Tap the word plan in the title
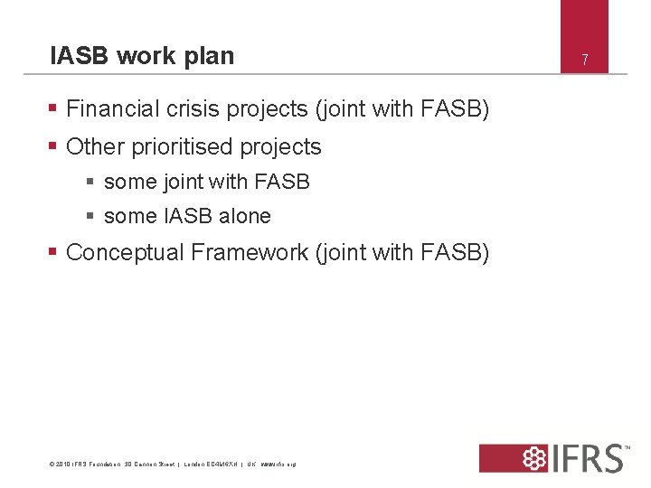click(x=207, y=57)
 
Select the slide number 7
click(x=585, y=61)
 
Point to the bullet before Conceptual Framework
click(x=53, y=253)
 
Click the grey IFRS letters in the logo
click(x=588, y=457)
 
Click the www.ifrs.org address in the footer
click(x=278, y=465)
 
